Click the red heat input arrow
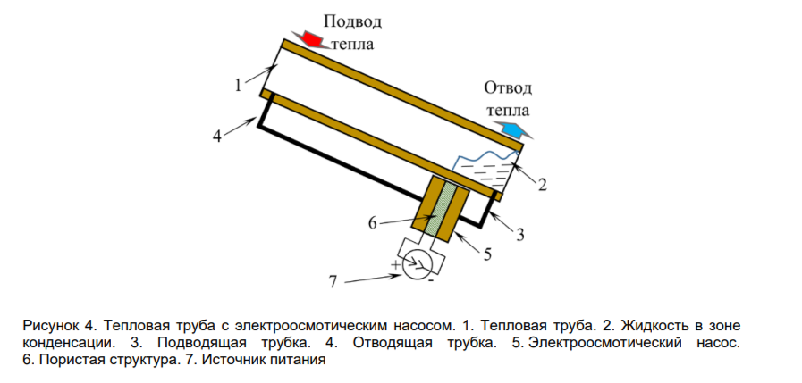pyautogui.click(x=312, y=39)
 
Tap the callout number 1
pyautogui.click(x=238, y=86)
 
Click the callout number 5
pyautogui.click(x=487, y=254)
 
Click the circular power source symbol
pyautogui.click(x=416, y=265)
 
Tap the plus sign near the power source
pyautogui.click(x=394, y=265)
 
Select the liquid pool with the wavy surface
pyautogui.click(x=484, y=172)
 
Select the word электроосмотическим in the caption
pyautogui.click(x=313, y=325)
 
